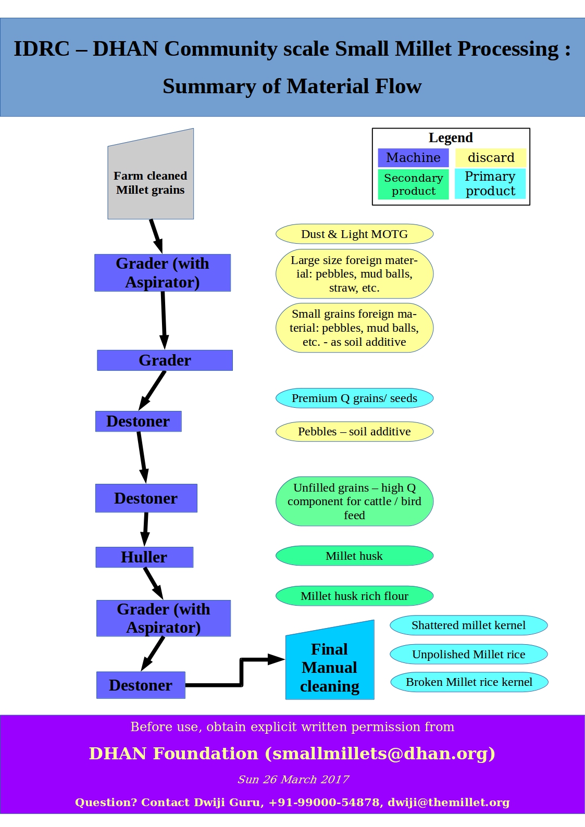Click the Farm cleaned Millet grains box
pyautogui.click(x=151, y=180)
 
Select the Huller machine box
pyautogui.click(x=144, y=557)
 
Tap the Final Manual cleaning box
pyautogui.click(x=330, y=667)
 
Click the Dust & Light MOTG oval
pyautogui.click(x=354, y=234)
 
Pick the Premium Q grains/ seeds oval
pyautogui.click(x=354, y=398)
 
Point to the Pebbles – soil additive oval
pyautogui.click(x=354, y=432)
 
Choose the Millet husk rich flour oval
pyautogui.click(x=354, y=596)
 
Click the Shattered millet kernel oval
pyautogui.click(x=468, y=625)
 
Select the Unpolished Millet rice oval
pyautogui.click(x=468, y=655)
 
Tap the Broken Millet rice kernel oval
pyautogui.click(x=469, y=682)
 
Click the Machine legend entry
pyautogui.click(x=413, y=158)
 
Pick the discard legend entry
pyautogui.click(x=491, y=158)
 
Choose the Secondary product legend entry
pyautogui.click(x=413, y=184)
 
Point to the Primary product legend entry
pyautogui.click(x=490, y=184)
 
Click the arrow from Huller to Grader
pyautogui.click(x=153, y=582)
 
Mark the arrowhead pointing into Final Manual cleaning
pyautogui.click(x=276, y=659)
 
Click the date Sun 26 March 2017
pyautogui.click(x=293, y=780)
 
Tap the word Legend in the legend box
pyautogui.click(x=451, y=137)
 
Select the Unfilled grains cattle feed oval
pyautogui.click(x=354, y=502)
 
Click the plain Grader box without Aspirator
pyautogui.click(x=165, y=360)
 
